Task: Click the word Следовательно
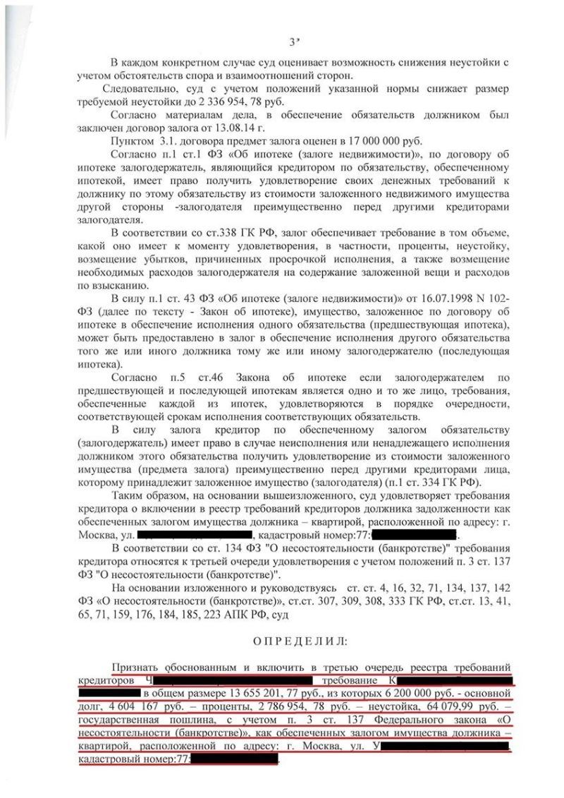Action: pos(140,90)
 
